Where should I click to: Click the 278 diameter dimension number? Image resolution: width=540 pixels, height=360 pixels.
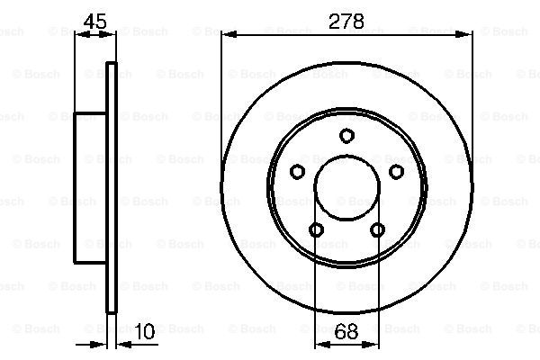346,22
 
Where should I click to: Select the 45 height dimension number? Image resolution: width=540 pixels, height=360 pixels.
95,22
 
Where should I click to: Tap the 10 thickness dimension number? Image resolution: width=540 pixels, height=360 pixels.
145,331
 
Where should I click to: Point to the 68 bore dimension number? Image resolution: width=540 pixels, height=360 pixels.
346,332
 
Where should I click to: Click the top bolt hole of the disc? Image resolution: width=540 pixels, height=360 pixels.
346,135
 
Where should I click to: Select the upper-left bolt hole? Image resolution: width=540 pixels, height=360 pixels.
297,171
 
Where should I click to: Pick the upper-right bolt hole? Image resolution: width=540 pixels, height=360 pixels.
396,171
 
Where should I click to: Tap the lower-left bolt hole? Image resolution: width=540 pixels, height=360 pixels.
316,229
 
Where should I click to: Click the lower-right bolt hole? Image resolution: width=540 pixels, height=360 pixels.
377,229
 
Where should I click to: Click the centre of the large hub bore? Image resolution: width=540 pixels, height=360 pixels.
346,188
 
